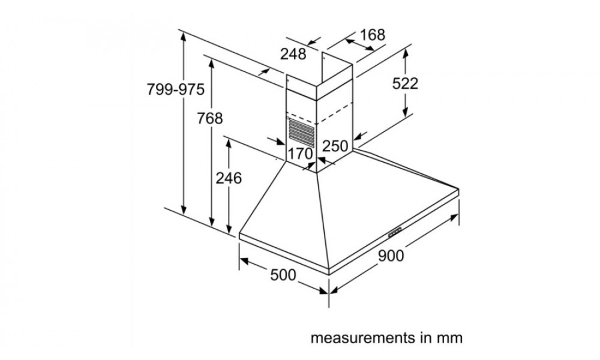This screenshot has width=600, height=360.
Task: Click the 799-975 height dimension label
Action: [x=176, y=89]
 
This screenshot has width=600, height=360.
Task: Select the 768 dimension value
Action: [x=209, y=118]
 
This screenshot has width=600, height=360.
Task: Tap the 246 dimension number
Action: [x=229, y=178]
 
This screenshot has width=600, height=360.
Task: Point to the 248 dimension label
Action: [x=293, y=54]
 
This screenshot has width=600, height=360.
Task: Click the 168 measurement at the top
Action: [x=372, y=35]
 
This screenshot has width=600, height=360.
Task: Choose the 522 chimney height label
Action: [x=405, y=83]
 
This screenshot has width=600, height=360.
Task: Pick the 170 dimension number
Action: [x=300, y=154]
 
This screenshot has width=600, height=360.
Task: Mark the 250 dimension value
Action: [x=335, y=146]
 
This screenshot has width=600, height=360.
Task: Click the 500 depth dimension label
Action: [x=283, y=275]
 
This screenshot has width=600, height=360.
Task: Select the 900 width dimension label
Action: [x=391, y=256]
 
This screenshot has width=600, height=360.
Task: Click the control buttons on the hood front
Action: [x=395, y=233]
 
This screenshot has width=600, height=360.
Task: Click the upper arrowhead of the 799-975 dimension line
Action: [x=184, y=37]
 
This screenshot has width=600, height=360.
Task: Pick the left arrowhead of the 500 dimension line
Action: [x=244, y=261]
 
